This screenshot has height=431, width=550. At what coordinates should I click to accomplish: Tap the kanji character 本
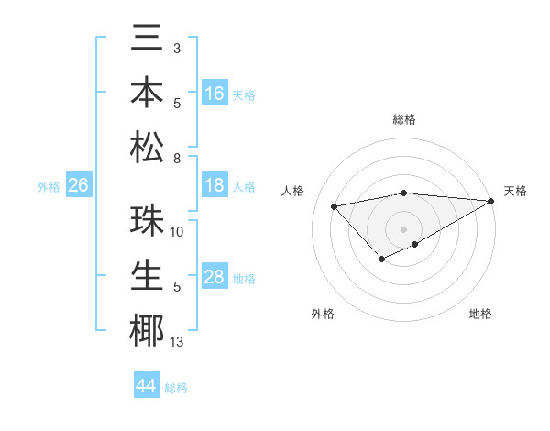click(147, 93)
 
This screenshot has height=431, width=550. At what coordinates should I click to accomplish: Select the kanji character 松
click(147, 148)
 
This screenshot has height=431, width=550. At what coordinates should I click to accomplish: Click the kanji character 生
click(147, 276)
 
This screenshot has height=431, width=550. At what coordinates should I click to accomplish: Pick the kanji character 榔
click(147, 331)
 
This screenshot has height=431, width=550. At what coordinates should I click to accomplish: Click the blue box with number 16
click(214, 93)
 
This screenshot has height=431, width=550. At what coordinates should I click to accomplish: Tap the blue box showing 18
click(214, 185)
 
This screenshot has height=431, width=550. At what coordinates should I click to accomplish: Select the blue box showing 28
click(214, 277)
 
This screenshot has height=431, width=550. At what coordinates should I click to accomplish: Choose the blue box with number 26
click(78, 185)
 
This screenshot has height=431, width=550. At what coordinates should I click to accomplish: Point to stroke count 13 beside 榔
click(177, 343)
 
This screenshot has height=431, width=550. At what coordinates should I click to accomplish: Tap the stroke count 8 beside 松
click(176, 160)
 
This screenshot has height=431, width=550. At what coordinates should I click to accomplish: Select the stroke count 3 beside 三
click(176, 48)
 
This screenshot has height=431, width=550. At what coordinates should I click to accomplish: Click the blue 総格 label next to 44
click(176, 388)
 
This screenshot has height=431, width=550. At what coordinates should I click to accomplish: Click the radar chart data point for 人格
click(334, 205)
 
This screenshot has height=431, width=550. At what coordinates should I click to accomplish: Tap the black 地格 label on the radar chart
click(480, 314)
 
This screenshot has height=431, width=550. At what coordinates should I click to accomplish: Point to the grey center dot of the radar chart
click(403, 228)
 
